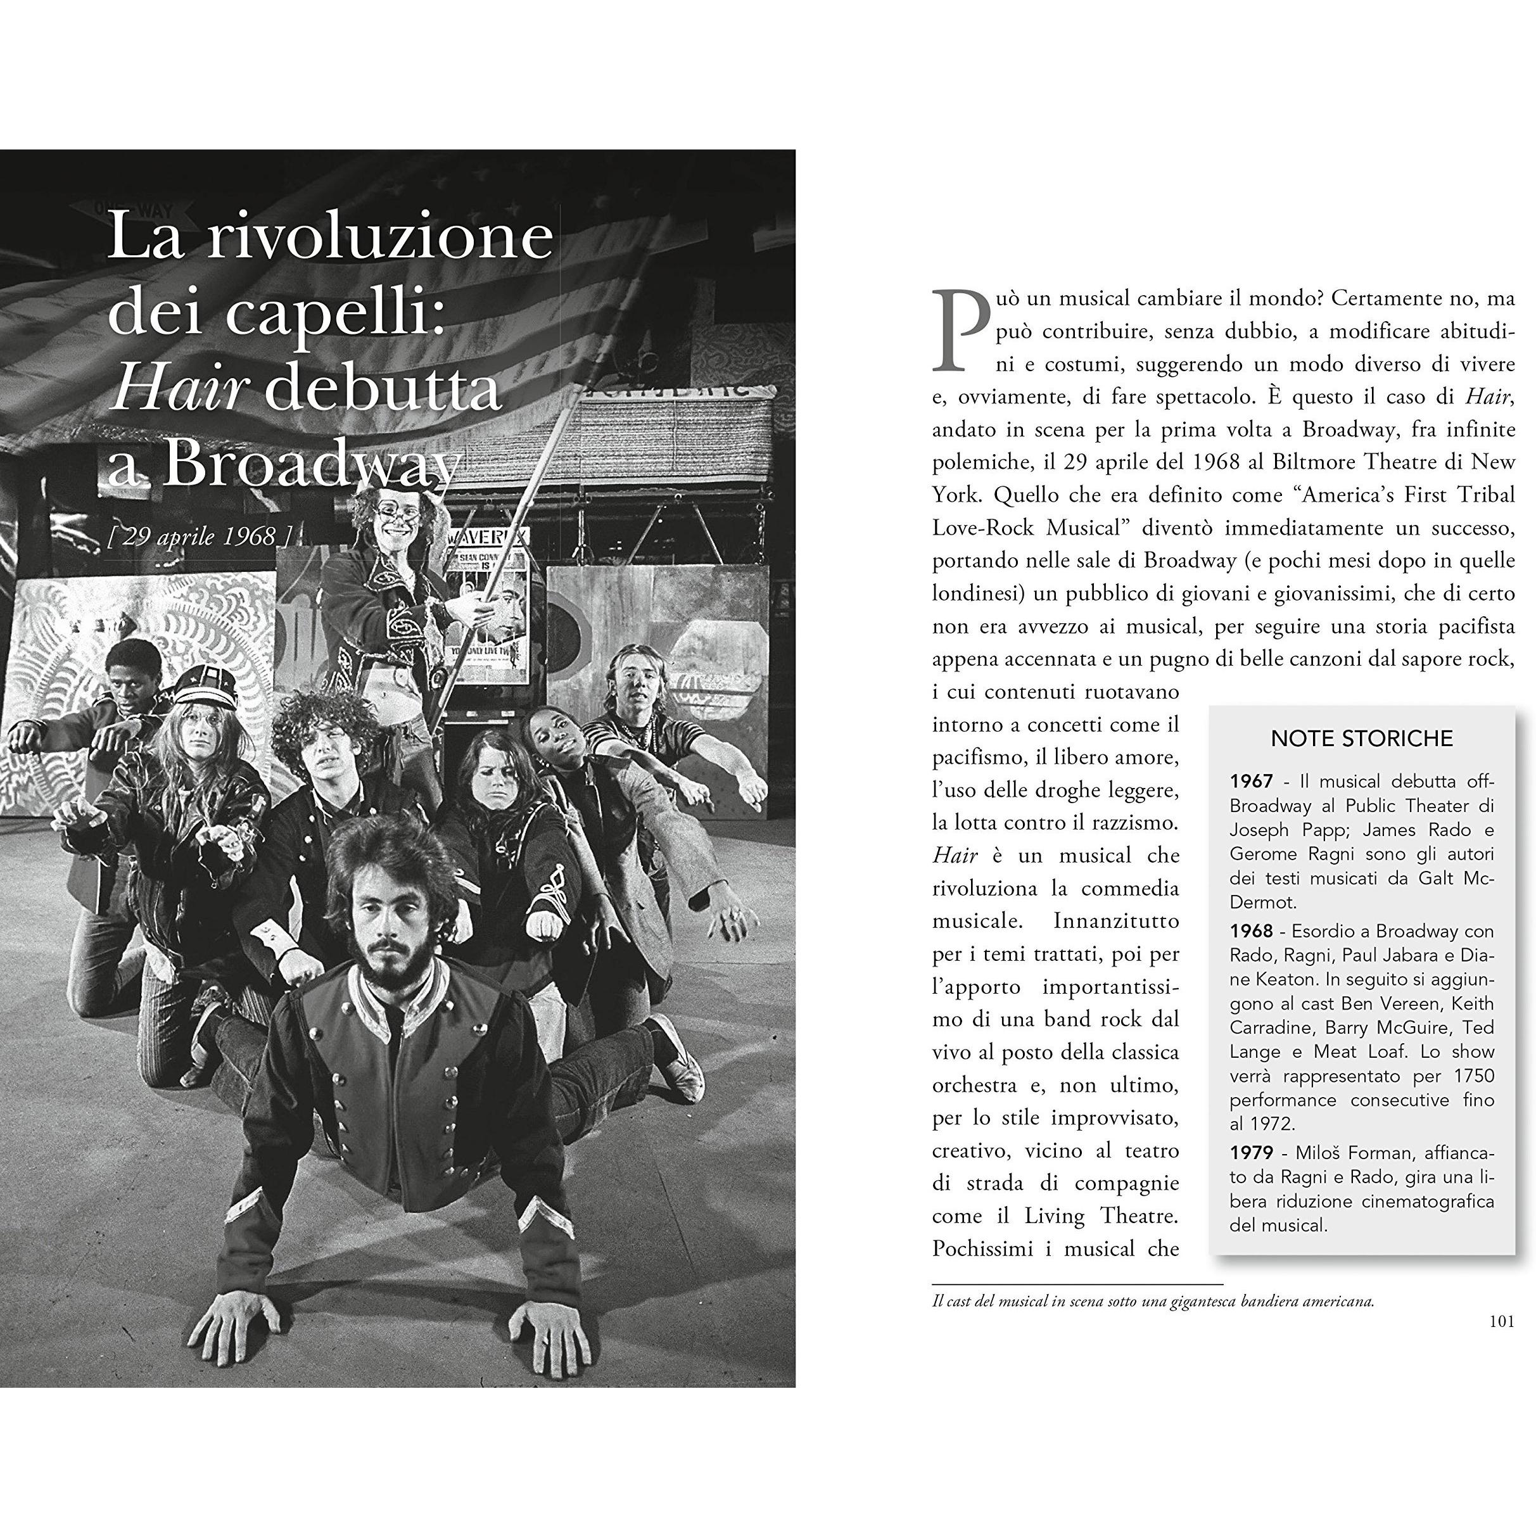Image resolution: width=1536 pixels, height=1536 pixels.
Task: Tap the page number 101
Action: (1501, 1321)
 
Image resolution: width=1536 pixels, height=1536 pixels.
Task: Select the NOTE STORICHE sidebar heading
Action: (1361, 739)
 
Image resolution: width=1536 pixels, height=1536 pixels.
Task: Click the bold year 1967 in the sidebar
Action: (1250, 782)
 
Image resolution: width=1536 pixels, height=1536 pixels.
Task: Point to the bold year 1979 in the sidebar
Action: (1250, 1152)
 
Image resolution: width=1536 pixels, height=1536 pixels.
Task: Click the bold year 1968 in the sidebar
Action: (1250, 931)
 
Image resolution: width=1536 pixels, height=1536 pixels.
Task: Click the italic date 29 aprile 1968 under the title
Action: (199, 536)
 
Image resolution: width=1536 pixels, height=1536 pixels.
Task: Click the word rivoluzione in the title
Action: (380, 236)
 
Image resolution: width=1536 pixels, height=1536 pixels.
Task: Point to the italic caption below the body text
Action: (1153, 1302)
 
